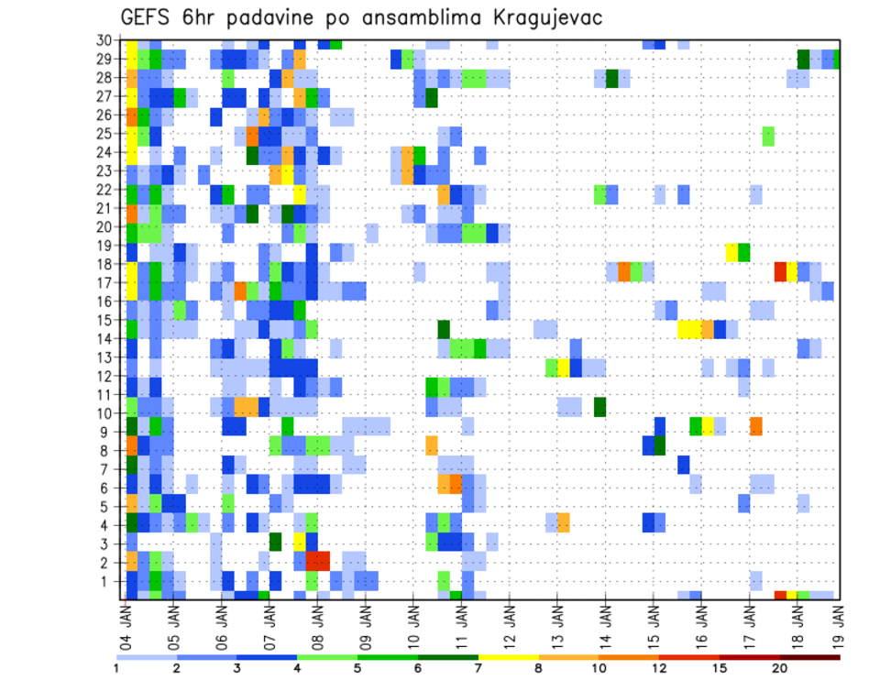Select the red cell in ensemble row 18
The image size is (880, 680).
pyautogui.click(x=780, y=271)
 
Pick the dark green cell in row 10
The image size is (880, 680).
pyautogui.click(x=600, y=406)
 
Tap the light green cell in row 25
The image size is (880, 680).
pyautogui.click(x=768, y=136)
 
